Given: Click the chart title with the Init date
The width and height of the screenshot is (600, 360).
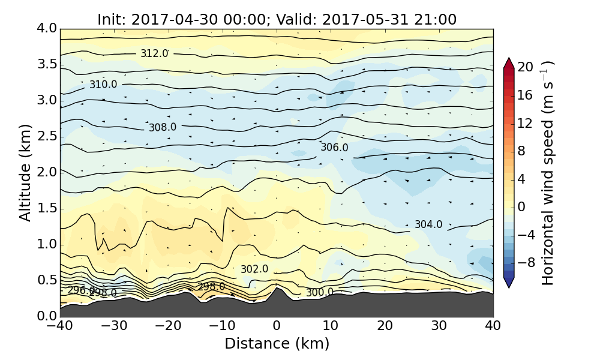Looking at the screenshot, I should [277, 19].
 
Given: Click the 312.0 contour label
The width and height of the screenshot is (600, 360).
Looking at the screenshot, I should [154, 53].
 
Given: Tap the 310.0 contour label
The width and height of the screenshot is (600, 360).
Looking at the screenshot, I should [103, 85].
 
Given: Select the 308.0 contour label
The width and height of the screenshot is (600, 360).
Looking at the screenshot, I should [163, 127].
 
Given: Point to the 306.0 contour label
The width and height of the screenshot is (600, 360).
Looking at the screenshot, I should [334, 148].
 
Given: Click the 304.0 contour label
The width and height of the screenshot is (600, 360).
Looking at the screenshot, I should [428, 224].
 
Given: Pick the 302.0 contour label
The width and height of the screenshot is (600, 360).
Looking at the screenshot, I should [254, 269].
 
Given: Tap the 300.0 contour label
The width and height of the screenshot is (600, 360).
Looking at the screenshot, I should [320, 292].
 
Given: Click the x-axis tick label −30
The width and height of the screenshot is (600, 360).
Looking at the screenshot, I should [114, 326].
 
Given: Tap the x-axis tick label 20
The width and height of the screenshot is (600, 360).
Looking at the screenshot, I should [385, 326].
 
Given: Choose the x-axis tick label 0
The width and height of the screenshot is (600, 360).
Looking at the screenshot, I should [277, 326].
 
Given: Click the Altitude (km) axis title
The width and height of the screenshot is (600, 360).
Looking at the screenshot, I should [25, 172].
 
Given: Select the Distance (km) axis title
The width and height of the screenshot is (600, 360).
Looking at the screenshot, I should [277, 344].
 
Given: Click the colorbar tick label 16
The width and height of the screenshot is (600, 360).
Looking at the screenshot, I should [526, 95].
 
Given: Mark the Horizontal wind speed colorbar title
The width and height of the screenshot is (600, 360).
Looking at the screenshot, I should [548, 172].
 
